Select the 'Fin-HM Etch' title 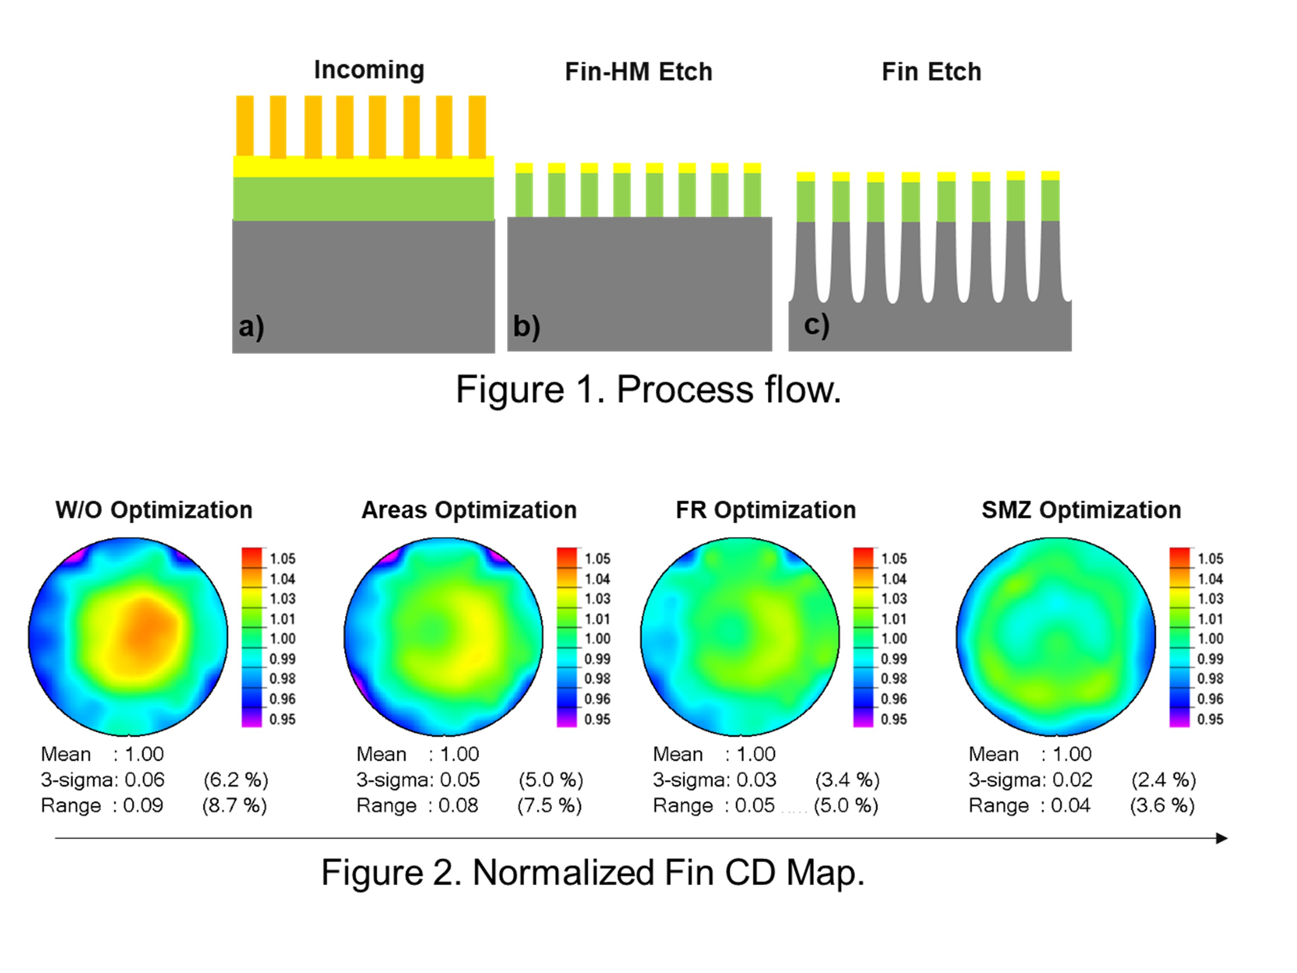639,72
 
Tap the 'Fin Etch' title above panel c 931,72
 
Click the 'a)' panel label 251,326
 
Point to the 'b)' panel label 526,326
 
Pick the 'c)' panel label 816,324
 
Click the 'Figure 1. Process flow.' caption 648,390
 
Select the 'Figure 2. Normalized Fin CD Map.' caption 592,872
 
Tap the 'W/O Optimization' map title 153,510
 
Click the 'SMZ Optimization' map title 1081,510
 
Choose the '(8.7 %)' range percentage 234,805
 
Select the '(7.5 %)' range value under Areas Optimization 549,805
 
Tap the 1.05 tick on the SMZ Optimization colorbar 1210,558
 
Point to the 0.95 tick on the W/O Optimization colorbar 282,719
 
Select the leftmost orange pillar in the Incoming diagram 245,126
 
